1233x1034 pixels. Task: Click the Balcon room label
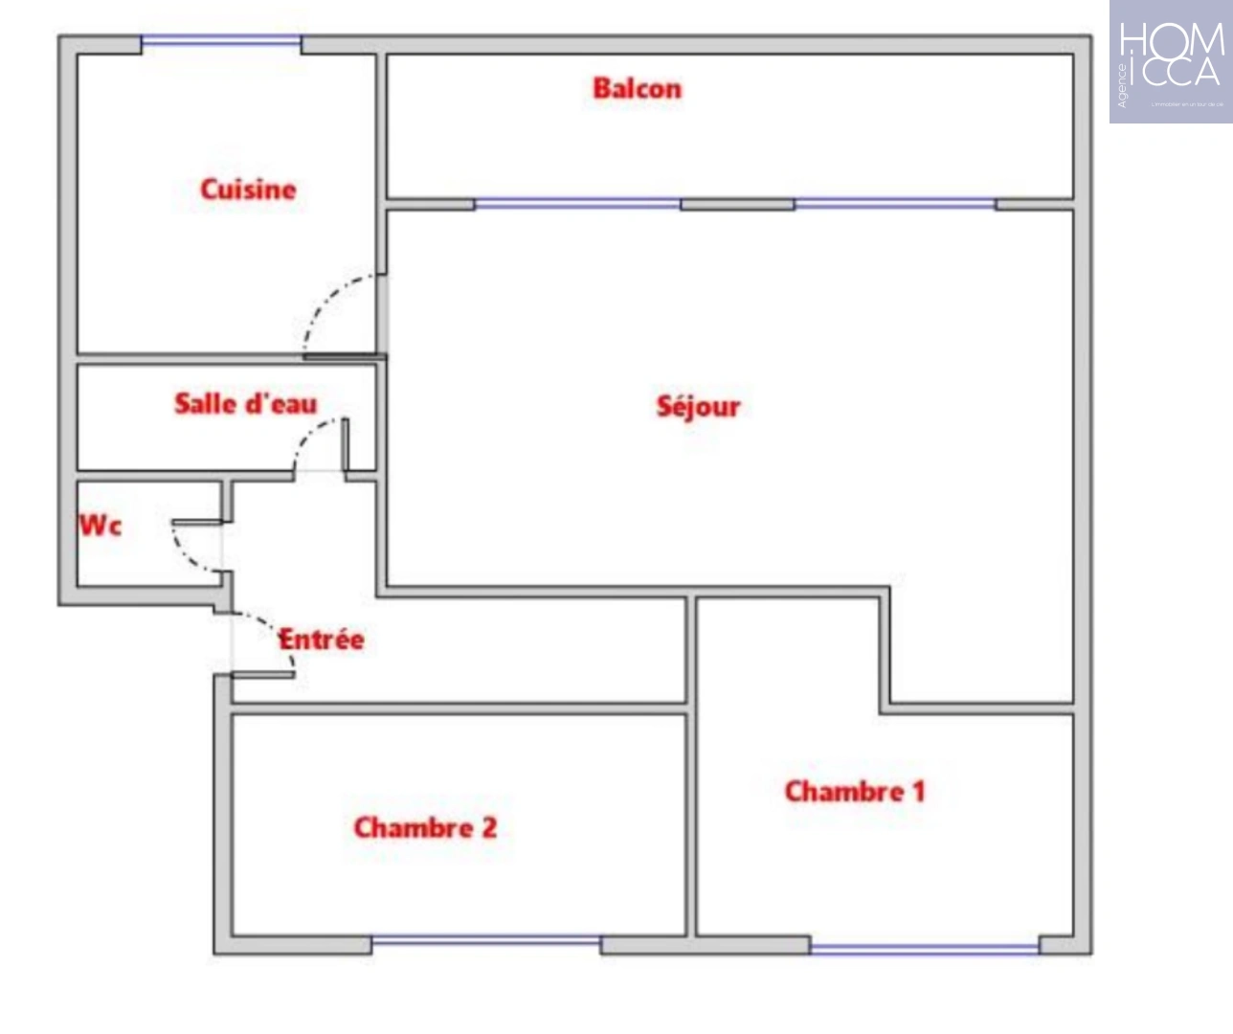637,88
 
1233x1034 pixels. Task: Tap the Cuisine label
248,189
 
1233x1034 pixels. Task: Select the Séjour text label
698,406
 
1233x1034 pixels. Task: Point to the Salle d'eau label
245,403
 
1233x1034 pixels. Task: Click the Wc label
101,525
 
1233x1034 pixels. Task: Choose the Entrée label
322,639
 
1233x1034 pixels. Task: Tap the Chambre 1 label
855,791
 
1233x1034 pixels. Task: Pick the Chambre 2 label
425,826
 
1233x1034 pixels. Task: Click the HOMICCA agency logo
1171,61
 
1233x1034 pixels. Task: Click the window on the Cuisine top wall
221,41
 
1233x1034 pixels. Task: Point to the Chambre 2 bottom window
486,942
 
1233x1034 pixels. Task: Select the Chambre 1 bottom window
924,948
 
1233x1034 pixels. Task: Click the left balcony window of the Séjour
577,204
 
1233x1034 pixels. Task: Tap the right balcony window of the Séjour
894,204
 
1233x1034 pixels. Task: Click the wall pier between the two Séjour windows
737,204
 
